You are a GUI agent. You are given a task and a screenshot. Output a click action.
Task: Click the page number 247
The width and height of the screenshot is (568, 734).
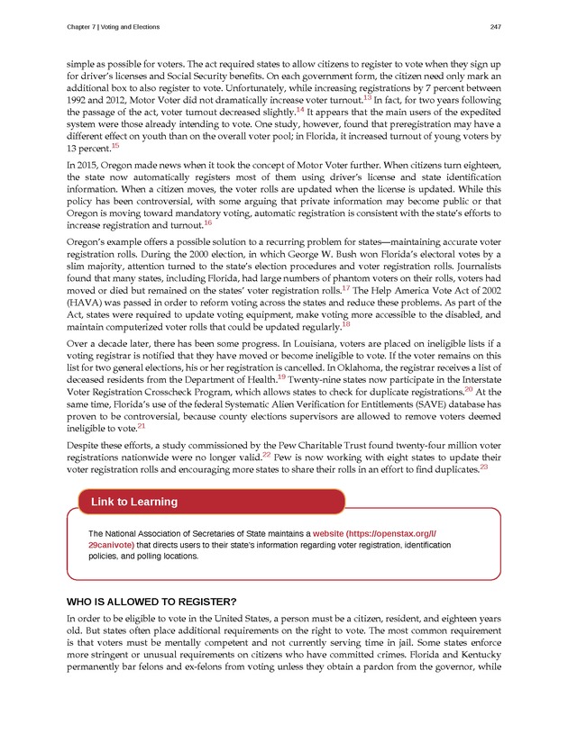494,26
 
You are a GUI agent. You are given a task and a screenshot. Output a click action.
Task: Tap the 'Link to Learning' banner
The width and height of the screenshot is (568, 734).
133,502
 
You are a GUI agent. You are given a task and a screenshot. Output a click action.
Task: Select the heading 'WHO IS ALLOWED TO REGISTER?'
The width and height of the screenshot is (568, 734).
152,602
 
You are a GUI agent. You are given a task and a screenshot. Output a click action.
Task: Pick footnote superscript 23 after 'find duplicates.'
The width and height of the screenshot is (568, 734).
484,467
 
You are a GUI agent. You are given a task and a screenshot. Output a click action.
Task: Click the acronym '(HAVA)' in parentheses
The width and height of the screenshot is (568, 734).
87,307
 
